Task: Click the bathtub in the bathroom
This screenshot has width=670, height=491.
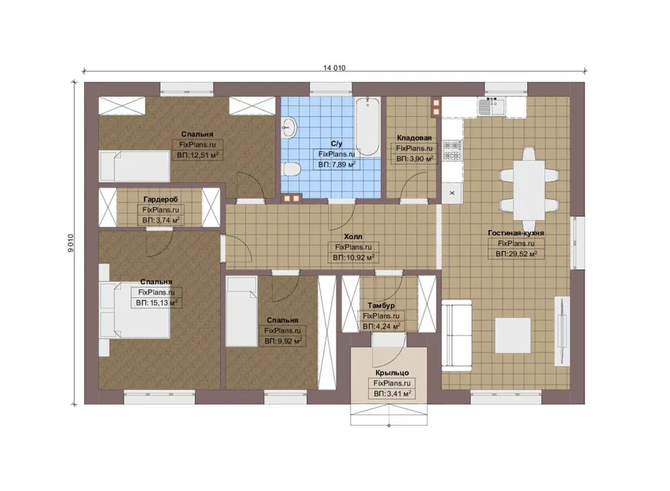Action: [368, 127]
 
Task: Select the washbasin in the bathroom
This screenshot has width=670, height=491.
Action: [290, 127]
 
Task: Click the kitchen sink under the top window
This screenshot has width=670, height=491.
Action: [491, 107]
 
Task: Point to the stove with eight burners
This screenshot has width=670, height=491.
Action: [452, 151]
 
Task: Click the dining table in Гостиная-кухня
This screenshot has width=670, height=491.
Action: [529, 189]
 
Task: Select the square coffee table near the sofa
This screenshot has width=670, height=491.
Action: [513, 335]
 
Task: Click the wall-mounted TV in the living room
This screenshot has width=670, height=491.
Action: [562, 331]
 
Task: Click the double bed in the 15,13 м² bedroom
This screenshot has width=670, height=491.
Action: [135, 310]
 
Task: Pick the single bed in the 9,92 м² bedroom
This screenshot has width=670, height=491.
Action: [241, 311]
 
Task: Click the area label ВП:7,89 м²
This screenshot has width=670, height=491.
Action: [336, 164]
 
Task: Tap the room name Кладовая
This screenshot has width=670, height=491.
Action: [414, 138]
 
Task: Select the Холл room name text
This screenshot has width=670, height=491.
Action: [353, 236]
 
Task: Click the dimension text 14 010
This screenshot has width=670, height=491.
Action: [334, 68]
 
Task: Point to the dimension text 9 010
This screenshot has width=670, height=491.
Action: [71, 243]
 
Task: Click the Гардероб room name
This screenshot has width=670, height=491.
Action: [161, 200]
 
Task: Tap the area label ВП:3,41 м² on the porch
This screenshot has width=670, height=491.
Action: [392, 393]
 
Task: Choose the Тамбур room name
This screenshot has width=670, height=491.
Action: [381, 305]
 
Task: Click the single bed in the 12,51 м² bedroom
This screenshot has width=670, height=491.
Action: [135, 166]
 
